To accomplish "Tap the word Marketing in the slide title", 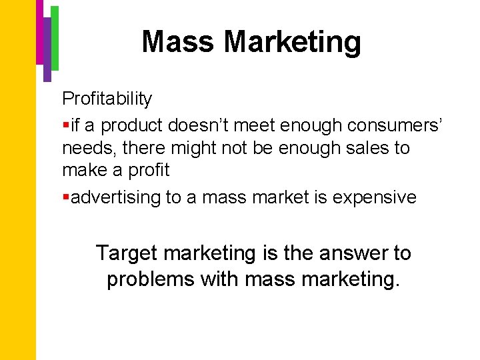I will [x=293, y=42].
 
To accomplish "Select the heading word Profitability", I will [x=107, y=99].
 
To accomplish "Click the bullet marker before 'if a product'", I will [x=65, y=125].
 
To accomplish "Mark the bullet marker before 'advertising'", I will [x=65, y=197].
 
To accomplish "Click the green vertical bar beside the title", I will [x=55, y=37].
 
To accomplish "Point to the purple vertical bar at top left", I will [x=47, y=50].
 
